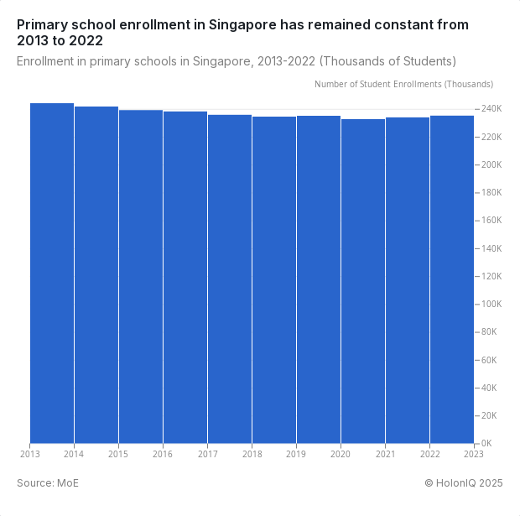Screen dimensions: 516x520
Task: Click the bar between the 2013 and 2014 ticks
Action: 52,273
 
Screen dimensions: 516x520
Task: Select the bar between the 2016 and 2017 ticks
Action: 185,277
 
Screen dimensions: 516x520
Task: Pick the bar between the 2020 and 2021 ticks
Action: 363,281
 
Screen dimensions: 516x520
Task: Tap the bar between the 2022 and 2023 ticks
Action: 452,279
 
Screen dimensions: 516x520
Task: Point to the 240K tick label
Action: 490,109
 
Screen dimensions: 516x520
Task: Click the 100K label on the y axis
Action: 490,305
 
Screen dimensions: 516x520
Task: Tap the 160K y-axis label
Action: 490,221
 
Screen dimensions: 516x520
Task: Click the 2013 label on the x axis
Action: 30,455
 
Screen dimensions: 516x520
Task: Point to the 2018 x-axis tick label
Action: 252,455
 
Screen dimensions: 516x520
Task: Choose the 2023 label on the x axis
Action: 474,455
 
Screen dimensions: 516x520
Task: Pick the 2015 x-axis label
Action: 118,455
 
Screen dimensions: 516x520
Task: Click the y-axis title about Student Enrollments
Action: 403,84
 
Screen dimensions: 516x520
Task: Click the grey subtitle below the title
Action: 237,61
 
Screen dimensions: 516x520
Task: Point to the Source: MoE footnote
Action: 48,482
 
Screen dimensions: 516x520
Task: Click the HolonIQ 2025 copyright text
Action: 463,482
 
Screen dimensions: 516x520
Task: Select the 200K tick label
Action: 490,165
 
